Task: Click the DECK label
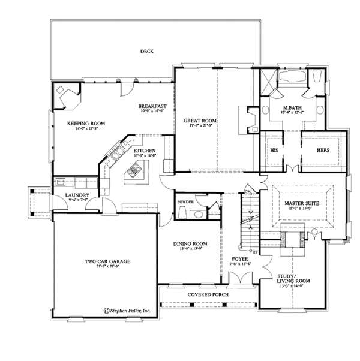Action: pos(147,52)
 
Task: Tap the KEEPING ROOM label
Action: pos(86,123)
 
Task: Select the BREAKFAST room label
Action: pos(152,106)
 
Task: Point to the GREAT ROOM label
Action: pos(200,121)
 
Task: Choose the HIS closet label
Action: pos(275,150)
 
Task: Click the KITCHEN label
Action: pos(145,151)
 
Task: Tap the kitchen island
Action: pos(133,175)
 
